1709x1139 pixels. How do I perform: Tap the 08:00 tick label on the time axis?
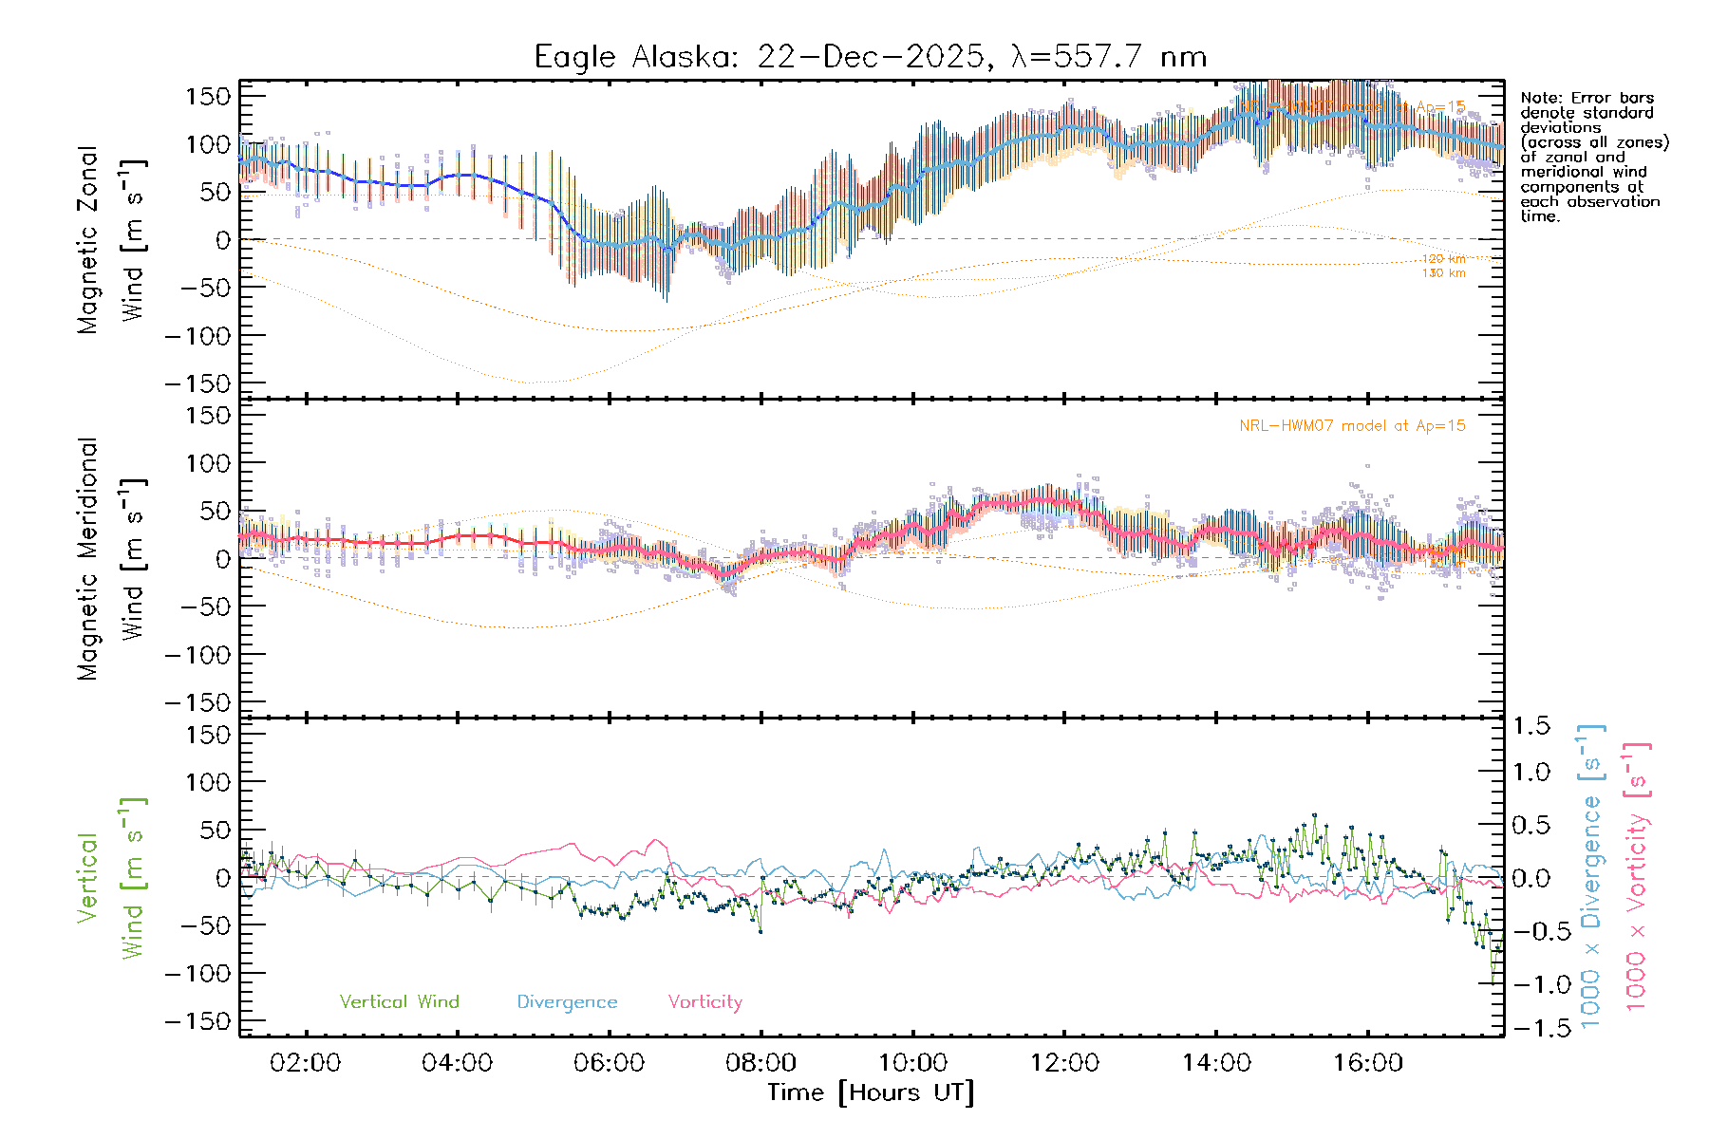(x=761, y=1063)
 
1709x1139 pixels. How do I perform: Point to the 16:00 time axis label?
(x=1368, y=1063)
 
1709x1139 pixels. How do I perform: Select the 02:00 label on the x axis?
(x=305, y=1063)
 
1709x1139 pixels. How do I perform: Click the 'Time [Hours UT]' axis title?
(x=871, y=1093)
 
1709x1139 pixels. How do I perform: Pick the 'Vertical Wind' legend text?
(x=399, y=1002)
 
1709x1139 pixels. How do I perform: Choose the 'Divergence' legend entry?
(x=567, y=1002)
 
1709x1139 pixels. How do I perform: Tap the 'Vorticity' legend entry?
(x=704, y=1002)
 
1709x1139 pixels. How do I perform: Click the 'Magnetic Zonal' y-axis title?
(x=87, y=240)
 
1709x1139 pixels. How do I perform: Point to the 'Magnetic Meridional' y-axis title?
(x=87, y=559)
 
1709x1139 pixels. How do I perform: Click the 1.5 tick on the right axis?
(x=1531, y=726)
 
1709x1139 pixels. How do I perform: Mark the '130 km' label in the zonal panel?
(x=1443, y=273)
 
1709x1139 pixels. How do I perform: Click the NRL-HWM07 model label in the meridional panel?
(x=1352, y=426)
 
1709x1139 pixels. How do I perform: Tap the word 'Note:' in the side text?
(x=1541, y=98)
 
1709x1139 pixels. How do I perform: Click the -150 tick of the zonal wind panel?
(x=197, y=384)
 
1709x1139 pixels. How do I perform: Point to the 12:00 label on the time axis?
(x=1064, y=1063)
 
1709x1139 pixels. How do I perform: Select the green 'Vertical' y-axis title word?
(x=87, y=878)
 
